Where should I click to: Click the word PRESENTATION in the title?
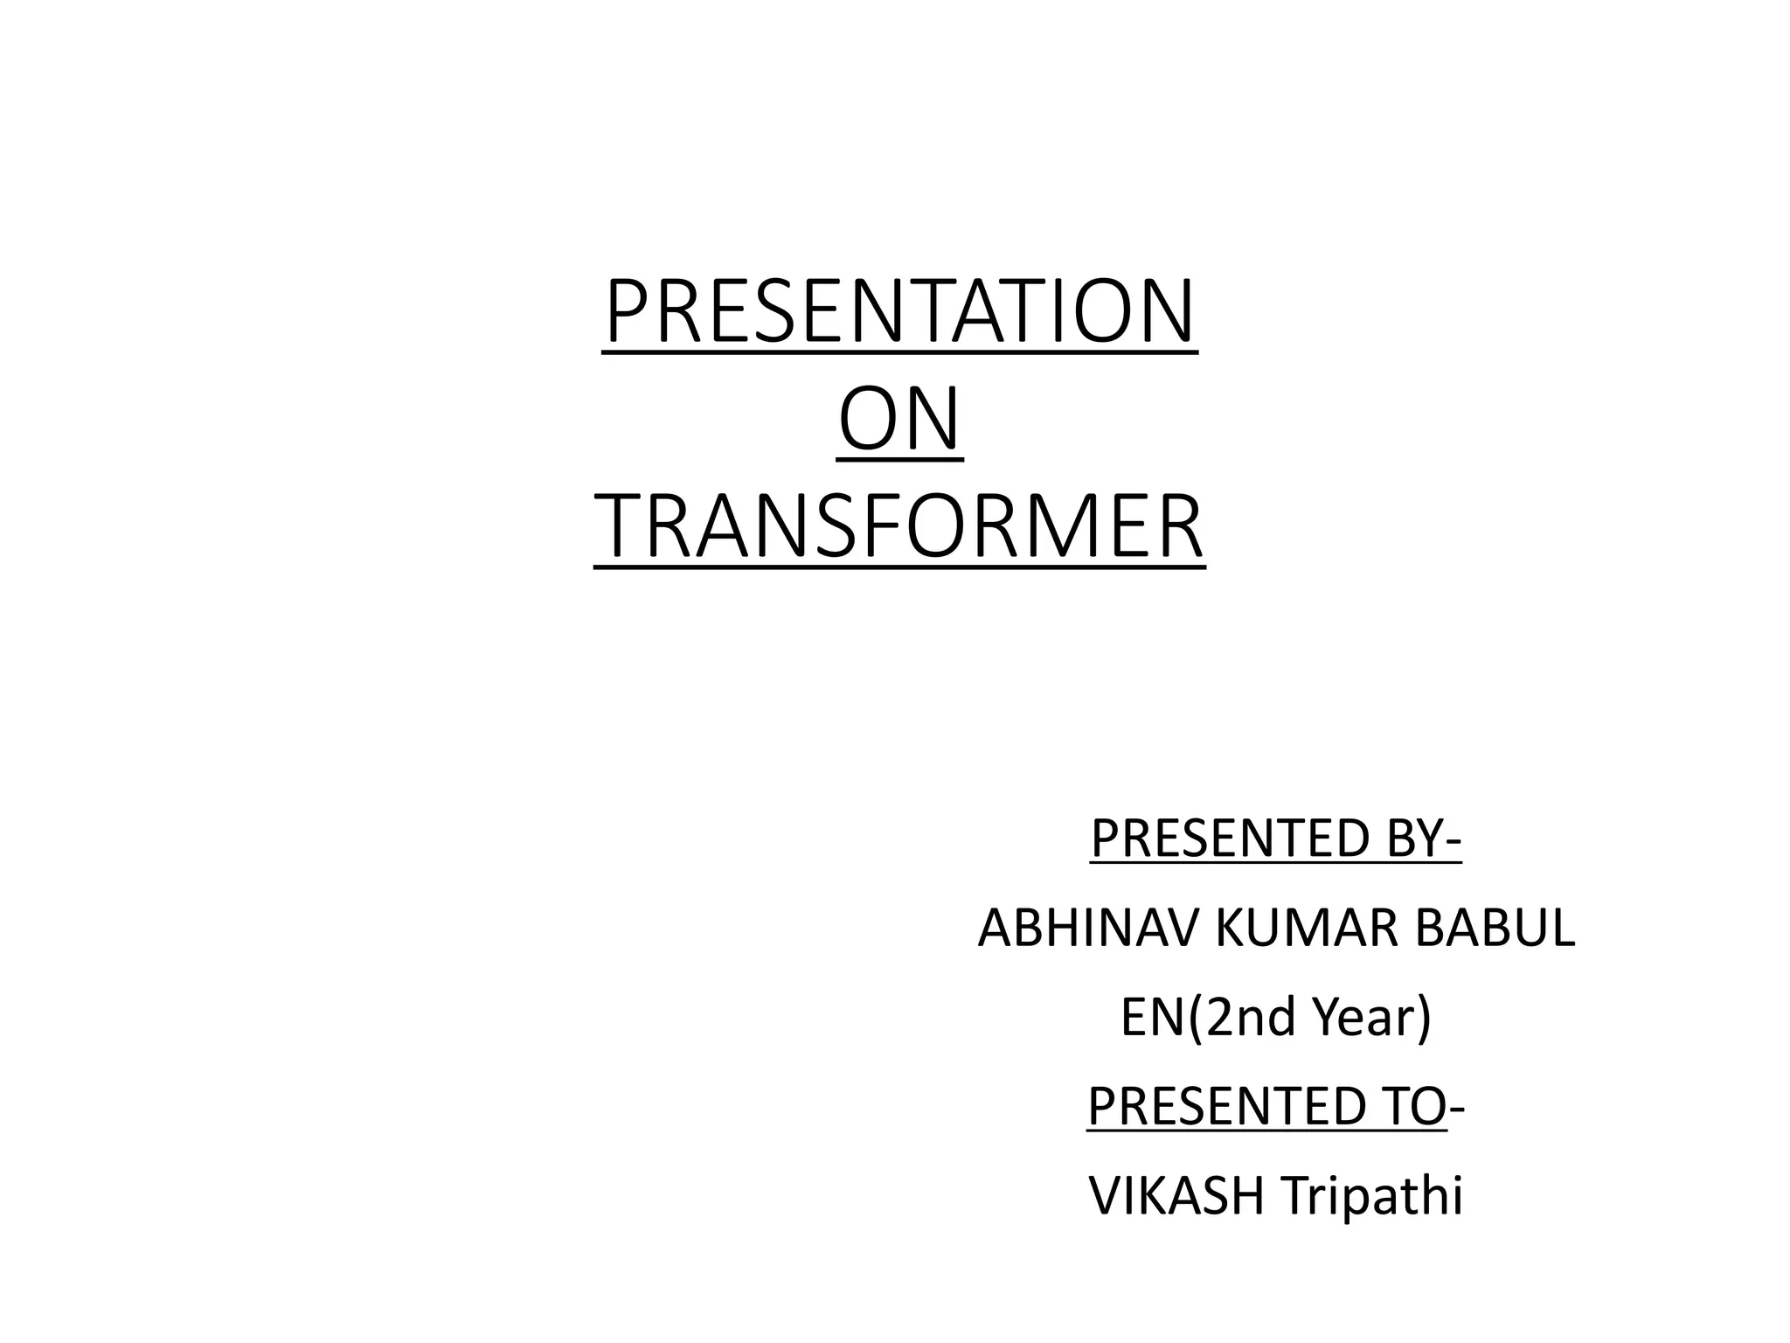(899, 312)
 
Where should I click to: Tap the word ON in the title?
(899, 420)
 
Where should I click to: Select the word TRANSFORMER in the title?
(899, 526)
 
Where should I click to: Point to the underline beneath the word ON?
(899, 459)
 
